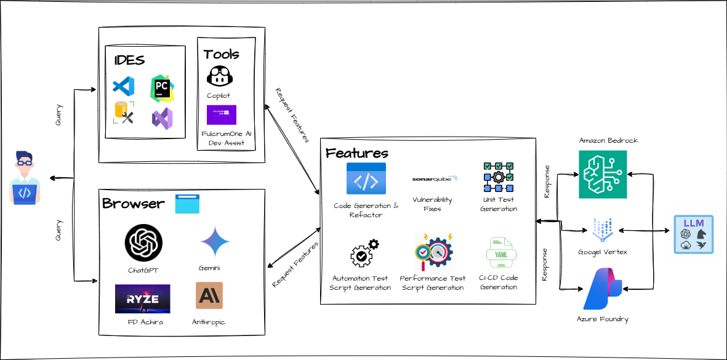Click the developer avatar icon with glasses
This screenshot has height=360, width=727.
[x=25, y=179]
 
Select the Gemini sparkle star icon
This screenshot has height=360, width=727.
[x=215, y=242]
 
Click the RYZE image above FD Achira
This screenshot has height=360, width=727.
[x=142, y=298]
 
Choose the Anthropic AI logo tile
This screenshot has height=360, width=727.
[x=209, y=295]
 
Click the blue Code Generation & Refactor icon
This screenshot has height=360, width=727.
[x=366, y=179]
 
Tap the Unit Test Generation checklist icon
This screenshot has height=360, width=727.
[x=499, y=178]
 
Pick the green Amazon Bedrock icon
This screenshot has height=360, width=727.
[x=602, y=175]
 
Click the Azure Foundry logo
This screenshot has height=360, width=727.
[x=601, y=290]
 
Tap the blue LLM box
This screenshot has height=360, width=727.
[x=693, y=235]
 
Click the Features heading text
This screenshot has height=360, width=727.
[x=357, y=153]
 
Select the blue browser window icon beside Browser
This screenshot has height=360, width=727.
[x=187, y=204]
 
